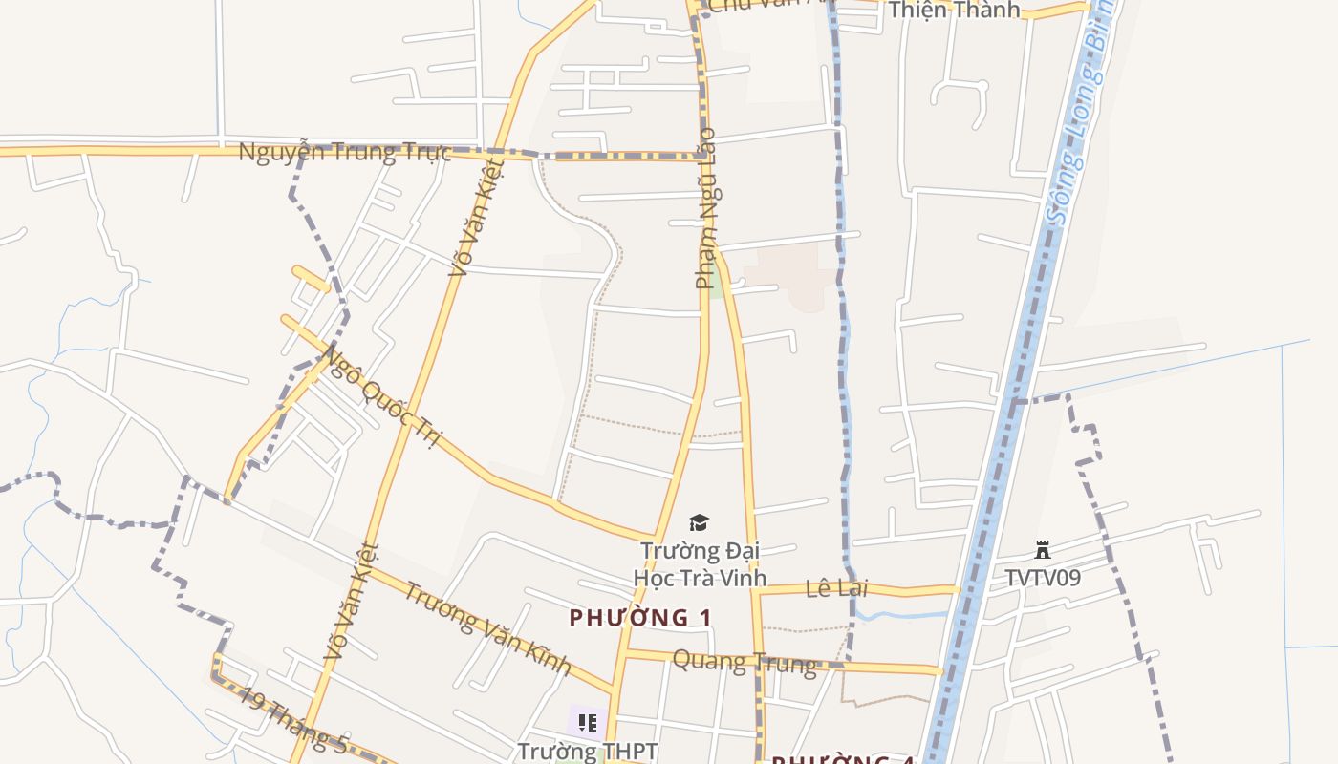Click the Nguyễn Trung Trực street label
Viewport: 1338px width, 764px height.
pos(343,153)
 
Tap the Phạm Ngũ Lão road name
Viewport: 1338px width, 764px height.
pos(706,208)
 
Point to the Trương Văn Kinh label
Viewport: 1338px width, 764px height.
pos(486,627)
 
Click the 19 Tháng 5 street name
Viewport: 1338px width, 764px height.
pos(292,721)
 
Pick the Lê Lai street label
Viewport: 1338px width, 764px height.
pos(836,588)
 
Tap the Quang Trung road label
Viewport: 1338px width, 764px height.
pos(745,661)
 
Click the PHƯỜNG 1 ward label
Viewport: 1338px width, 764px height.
pos(640,618)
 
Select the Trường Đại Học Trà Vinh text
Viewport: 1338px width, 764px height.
pos(700,564)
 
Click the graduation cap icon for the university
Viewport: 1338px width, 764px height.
pos(700,522)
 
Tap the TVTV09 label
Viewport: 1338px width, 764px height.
pos(1043,578)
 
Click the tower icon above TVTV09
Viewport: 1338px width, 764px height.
pos(1043,550)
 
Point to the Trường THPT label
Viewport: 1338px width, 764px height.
pos(587,752)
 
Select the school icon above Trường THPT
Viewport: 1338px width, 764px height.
pos(587,723)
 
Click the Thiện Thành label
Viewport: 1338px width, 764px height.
pos(954,11)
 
